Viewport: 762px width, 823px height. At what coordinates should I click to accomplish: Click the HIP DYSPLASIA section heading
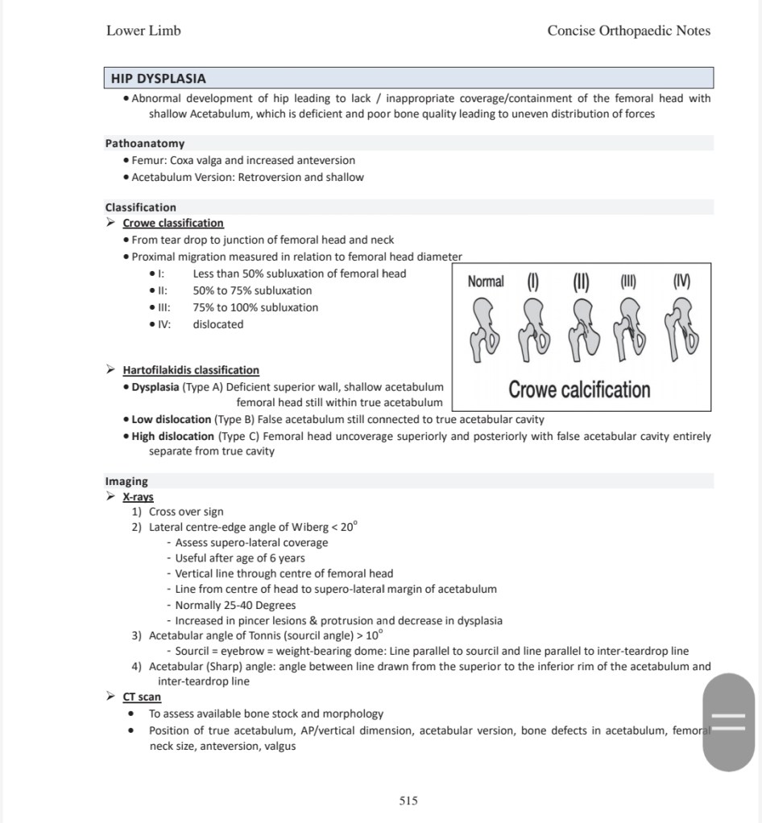pos(159,79)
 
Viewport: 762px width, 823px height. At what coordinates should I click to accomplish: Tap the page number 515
pos(408,800)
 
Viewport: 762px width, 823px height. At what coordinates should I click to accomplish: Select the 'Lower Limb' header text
pos(143,31)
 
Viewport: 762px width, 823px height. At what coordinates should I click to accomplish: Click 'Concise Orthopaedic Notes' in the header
pos(628,31)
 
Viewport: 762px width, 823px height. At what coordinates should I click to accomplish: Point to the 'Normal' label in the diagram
pos(486,282)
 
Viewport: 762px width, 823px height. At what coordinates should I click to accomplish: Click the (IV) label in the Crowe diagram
pos(681,282)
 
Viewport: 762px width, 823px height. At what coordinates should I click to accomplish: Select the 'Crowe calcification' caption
pos(579,390)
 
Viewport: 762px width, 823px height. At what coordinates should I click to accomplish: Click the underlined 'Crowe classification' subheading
pos(173,223)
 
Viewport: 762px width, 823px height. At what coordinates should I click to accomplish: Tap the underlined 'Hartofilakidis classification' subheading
pos(191,370)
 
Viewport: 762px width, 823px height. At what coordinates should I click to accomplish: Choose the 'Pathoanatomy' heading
pos(145,143)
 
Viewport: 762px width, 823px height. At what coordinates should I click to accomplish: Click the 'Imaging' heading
pos(126,481)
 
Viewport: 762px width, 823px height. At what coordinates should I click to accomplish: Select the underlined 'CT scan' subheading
pos(142,697)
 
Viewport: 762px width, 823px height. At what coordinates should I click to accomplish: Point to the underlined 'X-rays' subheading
pos(138,496)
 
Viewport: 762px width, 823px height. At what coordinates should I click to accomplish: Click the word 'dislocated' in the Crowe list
pos(217,324)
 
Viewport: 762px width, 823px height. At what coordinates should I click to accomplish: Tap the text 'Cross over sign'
pos(186,512)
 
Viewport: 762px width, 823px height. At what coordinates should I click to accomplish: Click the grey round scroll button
pos(729,722)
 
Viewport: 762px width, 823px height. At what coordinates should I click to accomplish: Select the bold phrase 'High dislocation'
pos(173,436)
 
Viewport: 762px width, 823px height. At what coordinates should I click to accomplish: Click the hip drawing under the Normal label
pos(486,329)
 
